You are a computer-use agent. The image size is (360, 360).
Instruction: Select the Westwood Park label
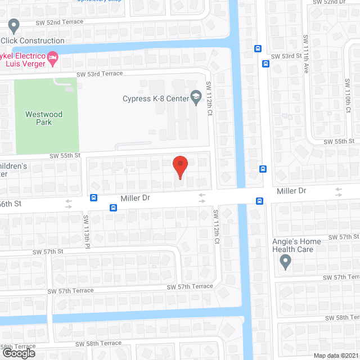coord(43,118)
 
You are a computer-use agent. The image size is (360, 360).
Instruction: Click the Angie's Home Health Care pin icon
coord(285,261)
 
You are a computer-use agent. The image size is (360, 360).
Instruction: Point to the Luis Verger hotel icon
coord(52,57)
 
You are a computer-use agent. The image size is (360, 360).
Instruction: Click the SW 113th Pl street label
coord(87,231)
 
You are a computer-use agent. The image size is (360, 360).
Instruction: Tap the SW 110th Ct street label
coord(347,96)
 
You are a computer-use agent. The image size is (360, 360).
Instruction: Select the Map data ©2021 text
coord(335,355)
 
